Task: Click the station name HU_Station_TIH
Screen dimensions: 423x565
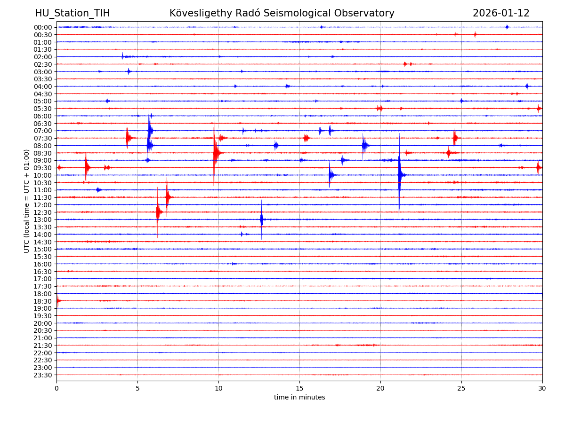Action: (72, 13)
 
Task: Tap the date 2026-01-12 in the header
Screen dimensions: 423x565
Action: (501, 13)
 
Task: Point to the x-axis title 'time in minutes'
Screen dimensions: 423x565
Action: (299, 398)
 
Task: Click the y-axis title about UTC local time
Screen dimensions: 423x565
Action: (27, 201)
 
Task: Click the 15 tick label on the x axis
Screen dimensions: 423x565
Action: (299, 389)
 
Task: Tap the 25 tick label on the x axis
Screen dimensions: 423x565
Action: (461, 389)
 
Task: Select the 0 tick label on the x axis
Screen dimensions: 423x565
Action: (56, 389)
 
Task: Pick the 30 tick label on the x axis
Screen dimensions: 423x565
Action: (542, 389)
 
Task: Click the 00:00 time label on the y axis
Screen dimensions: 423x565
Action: (43, 27)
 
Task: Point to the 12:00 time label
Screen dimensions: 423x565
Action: (43, 205)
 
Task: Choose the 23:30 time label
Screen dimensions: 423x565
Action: (43, 375)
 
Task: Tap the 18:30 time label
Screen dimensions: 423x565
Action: (43, 301)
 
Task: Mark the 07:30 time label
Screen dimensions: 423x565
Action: (43, 138)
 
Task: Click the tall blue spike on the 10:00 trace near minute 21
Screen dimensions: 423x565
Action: (399, 175)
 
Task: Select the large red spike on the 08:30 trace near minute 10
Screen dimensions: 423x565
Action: (215, 153)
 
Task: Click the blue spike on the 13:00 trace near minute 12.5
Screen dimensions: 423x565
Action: (261, 219)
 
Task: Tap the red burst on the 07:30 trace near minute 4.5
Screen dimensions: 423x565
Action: (128, 138)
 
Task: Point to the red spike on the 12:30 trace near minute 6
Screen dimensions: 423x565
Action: (158, 212)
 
